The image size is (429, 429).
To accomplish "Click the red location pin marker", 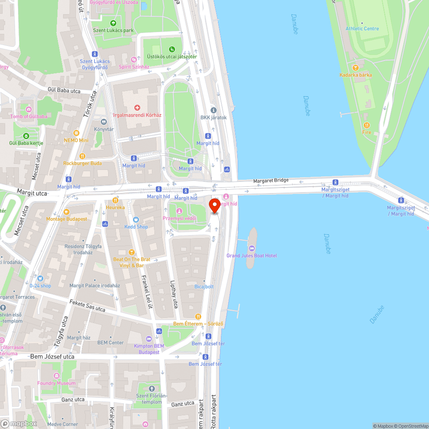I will click(214, 205).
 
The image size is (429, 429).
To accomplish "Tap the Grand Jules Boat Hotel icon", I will click(251, 248).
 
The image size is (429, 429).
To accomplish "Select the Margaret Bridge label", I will click(271, 181).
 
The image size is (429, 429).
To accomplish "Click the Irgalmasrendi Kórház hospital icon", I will click(137, 108).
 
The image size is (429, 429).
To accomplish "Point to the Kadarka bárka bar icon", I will click(355, 67).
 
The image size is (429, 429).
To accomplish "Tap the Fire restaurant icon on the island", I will click(366, 125).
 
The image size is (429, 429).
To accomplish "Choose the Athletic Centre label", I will click(362, 28).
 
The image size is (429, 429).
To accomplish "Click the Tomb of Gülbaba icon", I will click(29, 109).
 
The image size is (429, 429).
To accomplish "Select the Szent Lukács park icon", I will click(113, 23).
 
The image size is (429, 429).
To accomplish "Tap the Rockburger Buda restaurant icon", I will click(82, 156).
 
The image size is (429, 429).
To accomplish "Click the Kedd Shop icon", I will click(136, 220).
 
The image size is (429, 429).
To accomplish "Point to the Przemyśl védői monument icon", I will click(179, 211).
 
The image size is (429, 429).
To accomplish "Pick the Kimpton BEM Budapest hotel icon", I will click(149, 339).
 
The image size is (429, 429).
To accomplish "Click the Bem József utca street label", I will click(52, 356).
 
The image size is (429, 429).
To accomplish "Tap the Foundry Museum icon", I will click(56, 376).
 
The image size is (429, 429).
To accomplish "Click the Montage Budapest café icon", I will click(66, 212).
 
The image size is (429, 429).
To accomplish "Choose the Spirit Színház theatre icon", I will click(134, 60).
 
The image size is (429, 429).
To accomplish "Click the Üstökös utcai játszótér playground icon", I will click(172, 49).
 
